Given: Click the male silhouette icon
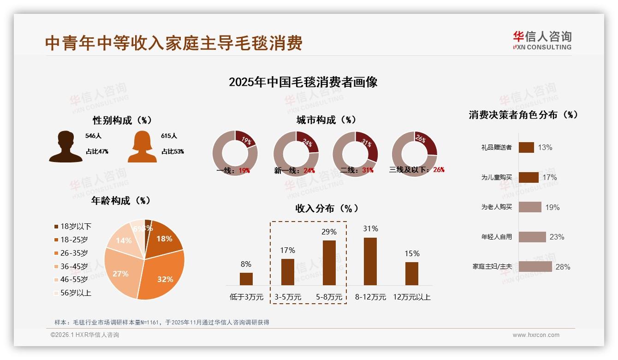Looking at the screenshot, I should (65, 147).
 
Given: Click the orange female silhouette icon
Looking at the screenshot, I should (142, 147).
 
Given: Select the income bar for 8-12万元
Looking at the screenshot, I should (370, 261).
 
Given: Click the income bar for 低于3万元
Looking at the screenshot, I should (246, 279).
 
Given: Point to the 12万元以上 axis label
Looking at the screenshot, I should (411, 297).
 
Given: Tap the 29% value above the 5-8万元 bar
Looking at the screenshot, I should (329, 232).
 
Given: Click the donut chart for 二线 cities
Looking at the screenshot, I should (355, 153).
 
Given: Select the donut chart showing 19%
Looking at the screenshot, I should (235, 153).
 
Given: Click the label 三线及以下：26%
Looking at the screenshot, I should (416, 170).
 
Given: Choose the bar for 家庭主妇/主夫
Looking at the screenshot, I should (535, 267).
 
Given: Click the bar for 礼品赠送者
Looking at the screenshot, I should (526, 148).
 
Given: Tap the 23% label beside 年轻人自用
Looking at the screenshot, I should (557, 237).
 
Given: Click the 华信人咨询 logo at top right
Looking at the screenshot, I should (542, 40).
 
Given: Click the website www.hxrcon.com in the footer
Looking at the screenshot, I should (535, 335).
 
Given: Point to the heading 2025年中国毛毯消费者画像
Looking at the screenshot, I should (303, 82).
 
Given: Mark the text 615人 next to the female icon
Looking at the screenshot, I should (169, 136).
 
